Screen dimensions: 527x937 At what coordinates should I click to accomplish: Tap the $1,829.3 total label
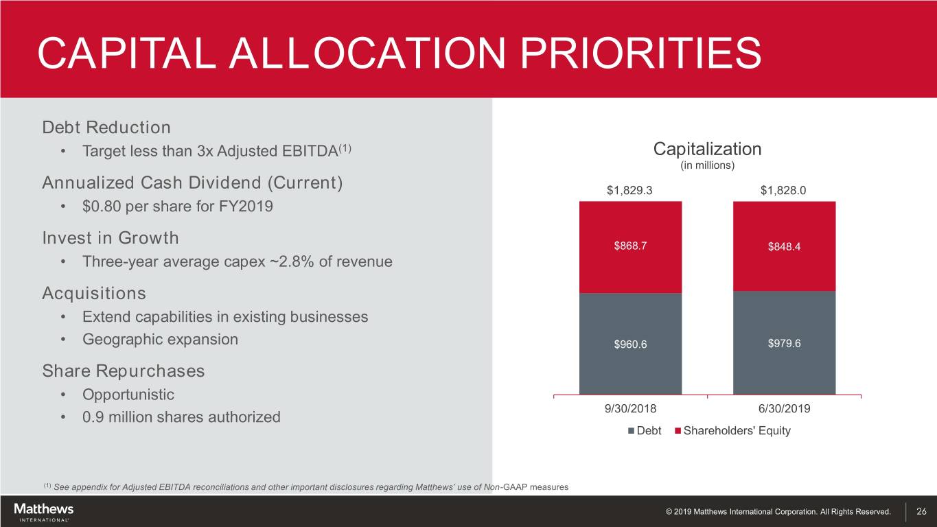pyautogui.click(x=630, y=191)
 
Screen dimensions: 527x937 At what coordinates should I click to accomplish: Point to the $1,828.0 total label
pyautogui.click(x=784, y=191)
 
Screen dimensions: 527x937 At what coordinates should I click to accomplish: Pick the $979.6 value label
pyautogui.click(x=784, y=343)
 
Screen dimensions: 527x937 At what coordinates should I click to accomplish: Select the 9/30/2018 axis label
pyautogui.click(x=630, y=409)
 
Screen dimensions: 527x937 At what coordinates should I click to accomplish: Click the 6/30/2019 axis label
pyautogui.click(x=784, y=409)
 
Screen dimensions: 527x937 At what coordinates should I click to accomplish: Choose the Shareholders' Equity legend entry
pyautogui.click(x=732, y=431)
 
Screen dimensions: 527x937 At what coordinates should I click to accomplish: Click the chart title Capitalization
pyautogui.click(x=707, y=149)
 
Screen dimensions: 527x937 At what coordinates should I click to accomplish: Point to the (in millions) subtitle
pyautogui.click(x=707, y=165)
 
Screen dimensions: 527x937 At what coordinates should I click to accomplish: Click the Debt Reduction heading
pyautogui.click(x=106, y=128)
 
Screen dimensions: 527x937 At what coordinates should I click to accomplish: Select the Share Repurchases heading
pyautogui.click(x=124, y=371)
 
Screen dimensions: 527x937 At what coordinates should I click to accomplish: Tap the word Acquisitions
pyautogui.click(x=94, y=294)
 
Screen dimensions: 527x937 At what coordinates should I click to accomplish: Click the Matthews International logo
pyautogui.click(x=43, y=512)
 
